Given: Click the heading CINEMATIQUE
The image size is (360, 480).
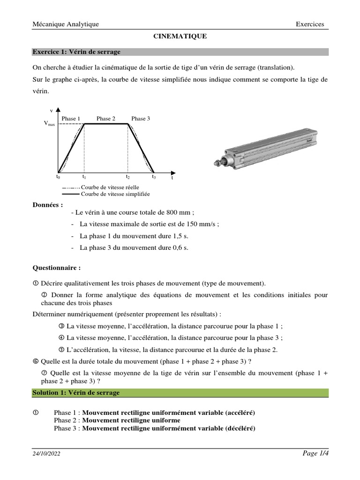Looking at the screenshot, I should click(180, 36).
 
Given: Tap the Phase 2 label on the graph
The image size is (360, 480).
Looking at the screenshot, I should click(106, 119).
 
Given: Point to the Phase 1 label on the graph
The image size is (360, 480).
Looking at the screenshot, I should click(71, 119).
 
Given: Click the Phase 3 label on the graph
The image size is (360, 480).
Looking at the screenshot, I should click(141, 119).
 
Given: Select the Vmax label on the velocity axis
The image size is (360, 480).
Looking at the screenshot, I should click(49, 124).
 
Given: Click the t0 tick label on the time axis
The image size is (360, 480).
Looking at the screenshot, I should click(58, 177).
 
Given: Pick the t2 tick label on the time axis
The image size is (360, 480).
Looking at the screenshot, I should click(127, 177).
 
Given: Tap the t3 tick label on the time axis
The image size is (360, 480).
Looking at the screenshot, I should click(154, 177).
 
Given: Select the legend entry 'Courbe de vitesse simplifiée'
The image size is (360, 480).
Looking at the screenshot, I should click(115, 194).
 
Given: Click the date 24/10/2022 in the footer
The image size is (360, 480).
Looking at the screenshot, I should click(46, 454).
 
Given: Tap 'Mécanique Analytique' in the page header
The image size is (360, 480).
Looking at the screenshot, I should click(65, 24).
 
